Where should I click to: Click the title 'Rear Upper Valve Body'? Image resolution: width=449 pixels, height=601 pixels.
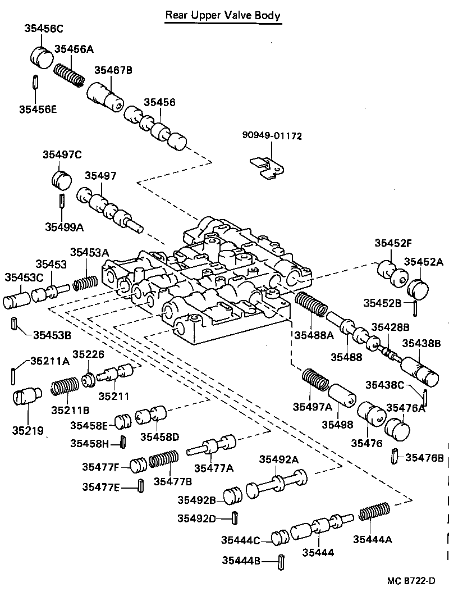222,16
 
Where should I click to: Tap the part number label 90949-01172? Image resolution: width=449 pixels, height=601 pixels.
272,136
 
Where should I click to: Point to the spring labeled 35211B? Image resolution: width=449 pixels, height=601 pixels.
66,388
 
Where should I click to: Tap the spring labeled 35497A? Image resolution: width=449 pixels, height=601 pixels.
316,380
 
